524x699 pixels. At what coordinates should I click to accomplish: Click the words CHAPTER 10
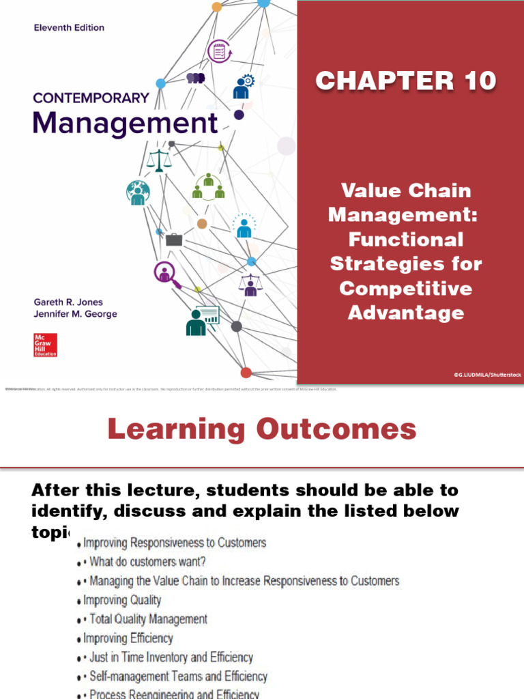pos(405,81)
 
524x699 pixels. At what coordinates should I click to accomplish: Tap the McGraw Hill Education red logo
pos(45,345)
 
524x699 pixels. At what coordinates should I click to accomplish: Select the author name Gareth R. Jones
pos(69,302)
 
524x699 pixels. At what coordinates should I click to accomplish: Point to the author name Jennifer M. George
pos(75,314)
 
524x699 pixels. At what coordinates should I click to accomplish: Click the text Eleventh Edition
pos(69,28)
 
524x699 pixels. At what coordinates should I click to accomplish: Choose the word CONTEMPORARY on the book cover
pos(91,98)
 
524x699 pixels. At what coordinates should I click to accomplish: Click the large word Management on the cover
pos(126,124)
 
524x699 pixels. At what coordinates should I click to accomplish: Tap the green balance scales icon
pos(160,161)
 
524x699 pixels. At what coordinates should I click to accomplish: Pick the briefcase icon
pos(175,239)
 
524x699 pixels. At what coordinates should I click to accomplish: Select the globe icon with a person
pos(138,192)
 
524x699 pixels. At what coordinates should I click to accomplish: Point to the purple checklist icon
pos(220,51)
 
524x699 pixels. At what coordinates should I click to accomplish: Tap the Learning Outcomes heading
pos(262,429)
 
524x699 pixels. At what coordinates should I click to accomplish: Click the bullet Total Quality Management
pos(148,619)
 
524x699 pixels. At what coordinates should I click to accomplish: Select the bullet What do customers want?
pos(147,562)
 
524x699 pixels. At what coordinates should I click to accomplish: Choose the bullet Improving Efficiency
pos(128,638)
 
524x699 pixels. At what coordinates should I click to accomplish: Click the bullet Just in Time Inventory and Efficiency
pos(171,657)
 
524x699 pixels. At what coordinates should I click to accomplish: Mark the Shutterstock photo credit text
pos(487,375)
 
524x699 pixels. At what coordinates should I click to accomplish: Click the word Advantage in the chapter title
pos(405,313)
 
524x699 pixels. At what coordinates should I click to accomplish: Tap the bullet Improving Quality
pos(122,600)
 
